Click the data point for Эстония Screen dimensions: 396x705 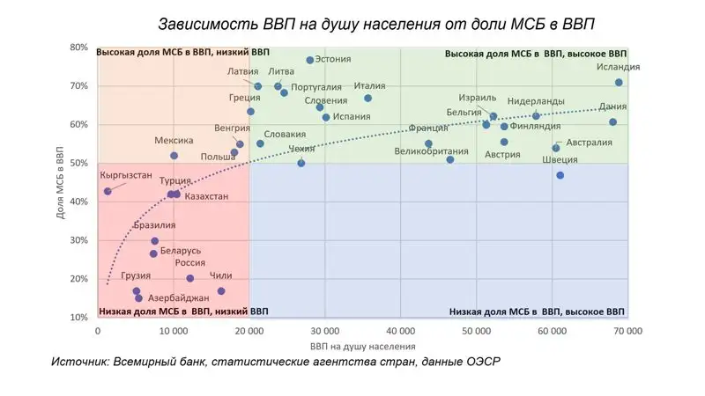(x=310, y=60)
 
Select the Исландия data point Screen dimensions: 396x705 (x=619, y=83)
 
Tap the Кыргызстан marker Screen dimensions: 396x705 (x=108, y=191)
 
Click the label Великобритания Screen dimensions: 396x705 (x=431, y=151)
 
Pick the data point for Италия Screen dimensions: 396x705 (x=367, y=98)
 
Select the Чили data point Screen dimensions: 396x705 (x=221, y=291)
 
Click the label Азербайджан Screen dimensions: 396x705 (x=178, y=298)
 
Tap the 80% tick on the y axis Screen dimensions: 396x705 (x=79, y=48)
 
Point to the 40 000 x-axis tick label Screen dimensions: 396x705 (x=400, y=332)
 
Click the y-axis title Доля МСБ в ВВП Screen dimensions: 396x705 (x=59, y=183)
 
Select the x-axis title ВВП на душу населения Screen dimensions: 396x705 (x=362, y=347)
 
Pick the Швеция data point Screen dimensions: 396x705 (x=560, y=175)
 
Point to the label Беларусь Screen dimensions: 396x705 (x=181, y=251)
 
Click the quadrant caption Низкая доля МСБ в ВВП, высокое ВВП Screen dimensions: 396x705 (x=537, y=312)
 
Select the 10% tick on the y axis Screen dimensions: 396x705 (x=79, y=318)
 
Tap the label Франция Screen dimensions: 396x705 (x=429, y=128)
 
